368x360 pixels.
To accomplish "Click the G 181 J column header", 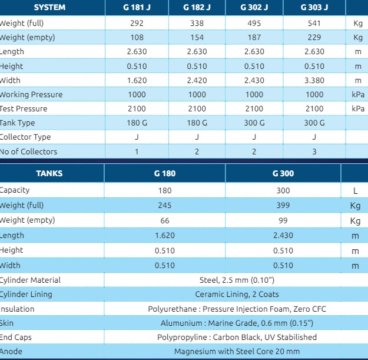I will (x=136, y=8).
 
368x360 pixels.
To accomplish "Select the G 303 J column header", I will (x=314, y=8).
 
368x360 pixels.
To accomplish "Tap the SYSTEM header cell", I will (x=50, y=8).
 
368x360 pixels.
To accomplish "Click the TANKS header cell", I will (x=49, y=174).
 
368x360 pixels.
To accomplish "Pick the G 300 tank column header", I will (x=283, y=174).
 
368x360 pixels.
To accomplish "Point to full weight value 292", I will (x=136, y=23).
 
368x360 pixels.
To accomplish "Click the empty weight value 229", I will (x=314, y=37).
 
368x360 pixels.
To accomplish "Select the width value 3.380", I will (x=314, y=80).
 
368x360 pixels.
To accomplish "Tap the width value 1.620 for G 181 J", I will (x=136, y=80).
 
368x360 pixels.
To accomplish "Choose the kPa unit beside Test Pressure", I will (x=357, y=108).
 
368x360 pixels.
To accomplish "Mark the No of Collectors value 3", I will (x=314, y=151).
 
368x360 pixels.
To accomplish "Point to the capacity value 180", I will (x=165, y=190).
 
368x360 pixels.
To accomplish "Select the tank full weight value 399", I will (x=283, y=205).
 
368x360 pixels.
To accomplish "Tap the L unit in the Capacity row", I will (x=356, y=190).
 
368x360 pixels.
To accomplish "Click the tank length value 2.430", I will (x=283, y=235).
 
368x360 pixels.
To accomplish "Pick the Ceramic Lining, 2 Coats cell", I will (x=237, y=294).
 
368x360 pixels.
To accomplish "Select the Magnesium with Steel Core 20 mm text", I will (x=237, y=351).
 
